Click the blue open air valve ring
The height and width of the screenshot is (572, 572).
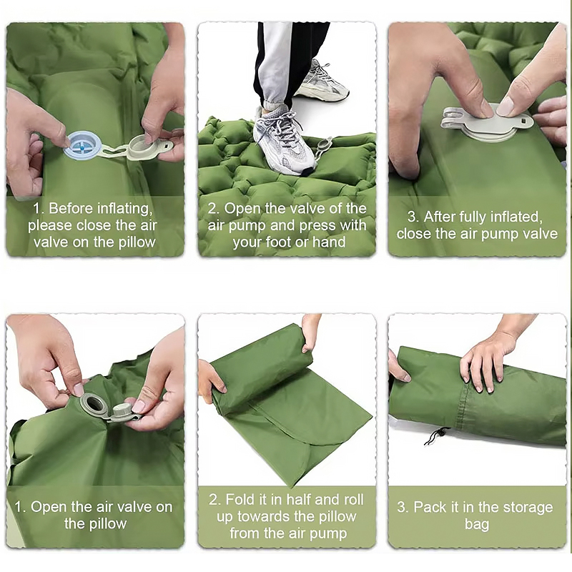(81, 145)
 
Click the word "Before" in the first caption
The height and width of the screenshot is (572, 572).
(71, 208)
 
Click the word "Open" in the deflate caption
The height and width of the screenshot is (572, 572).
(49, 507)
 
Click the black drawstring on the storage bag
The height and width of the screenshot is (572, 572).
(438, 436)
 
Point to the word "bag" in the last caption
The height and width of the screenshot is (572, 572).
(477, 524)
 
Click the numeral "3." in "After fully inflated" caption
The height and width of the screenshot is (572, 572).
(413, 217)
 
